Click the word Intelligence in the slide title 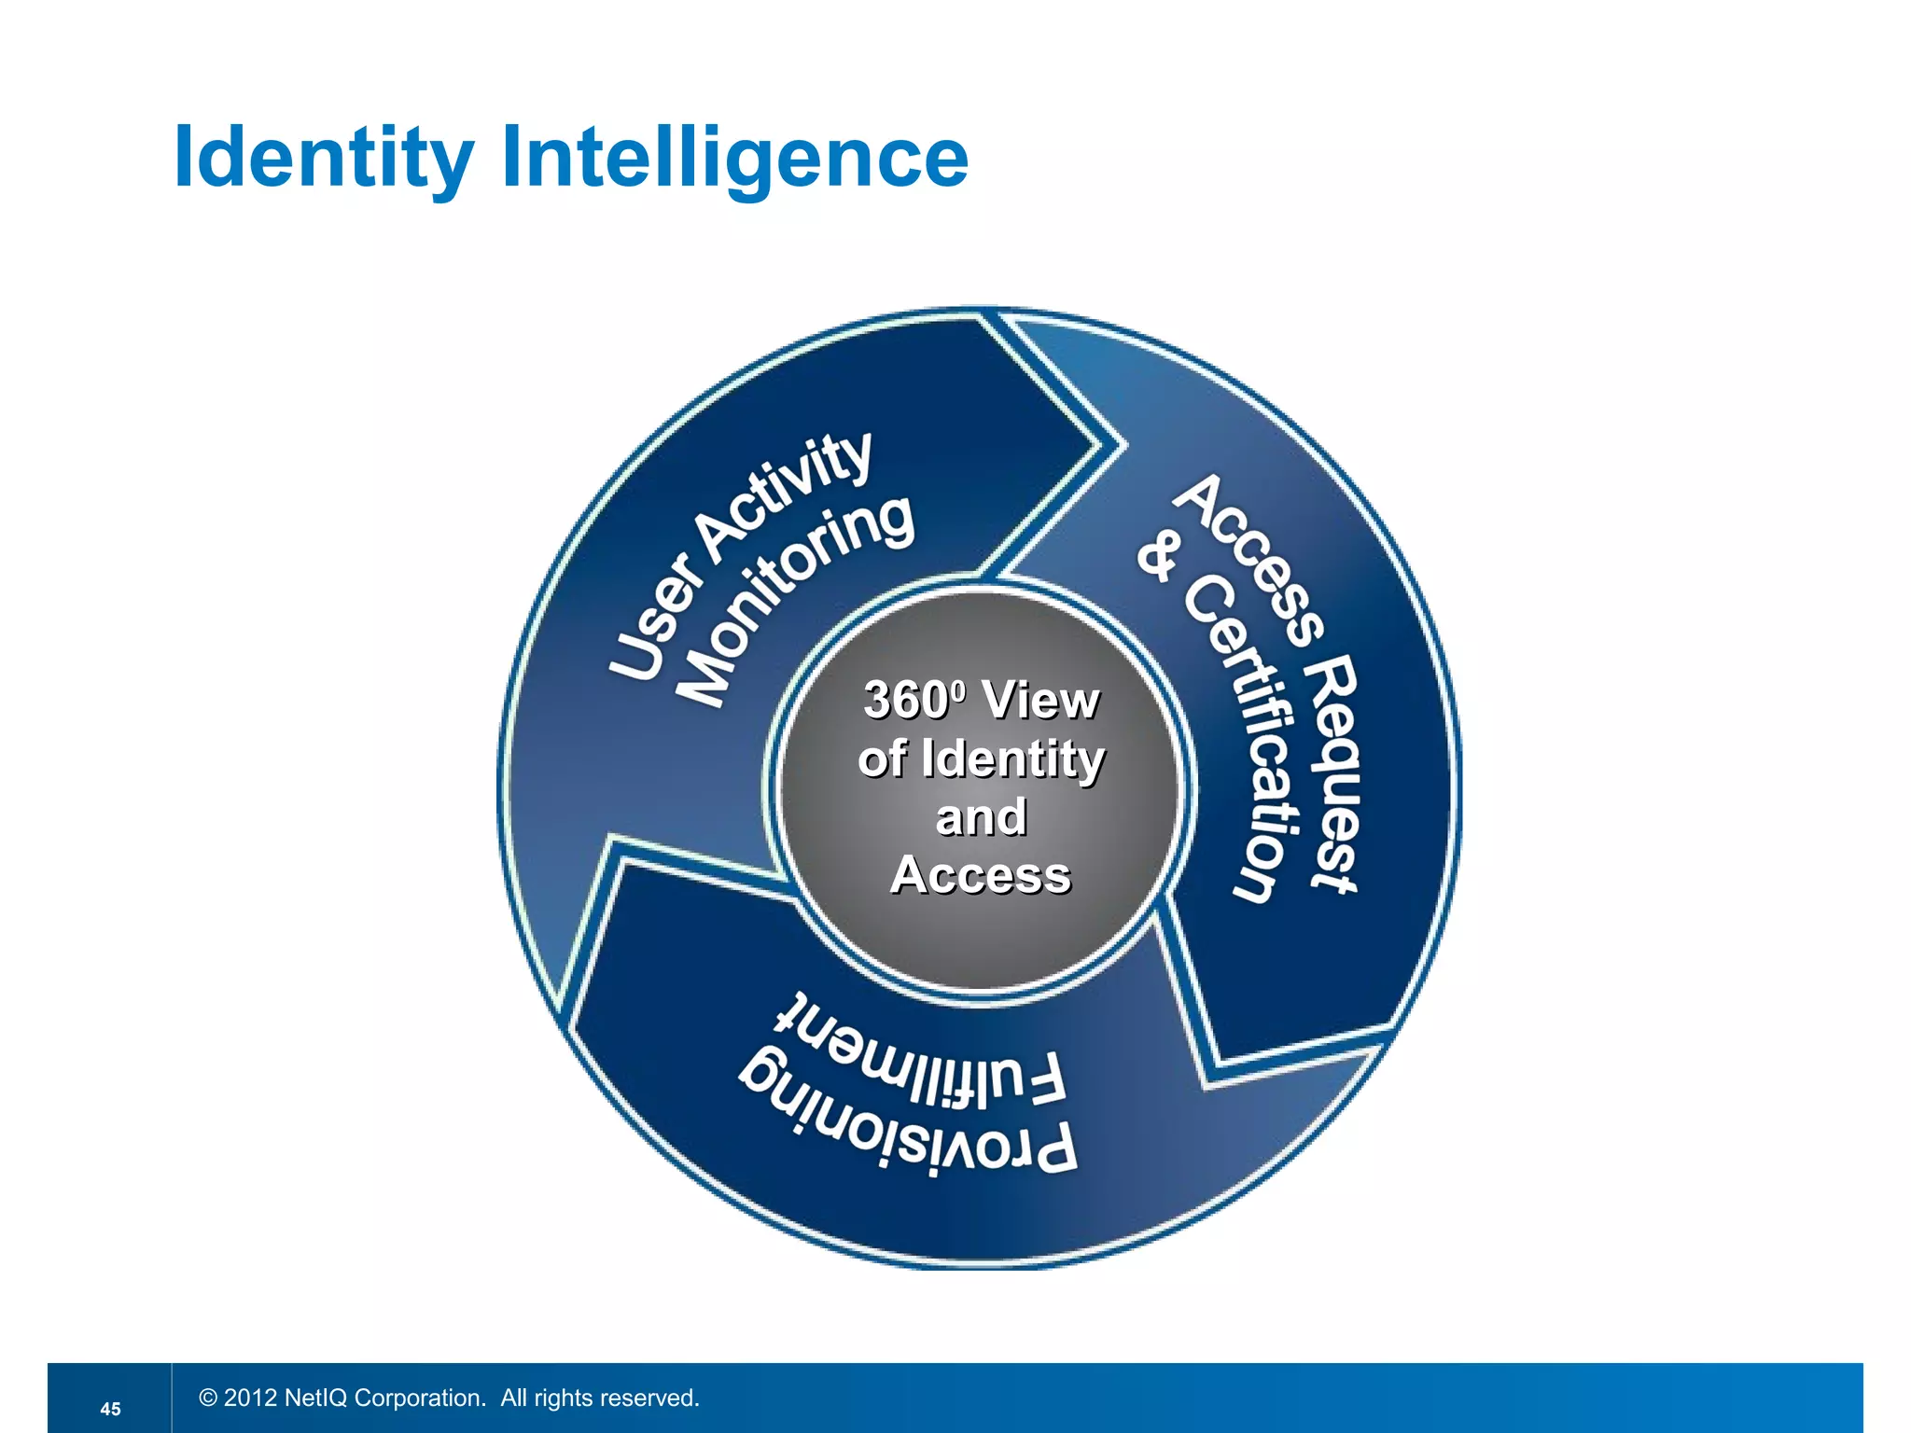click(x=735, y=157)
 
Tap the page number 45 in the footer click(x=110, y=1409)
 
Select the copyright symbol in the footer click(x=208, y=1398)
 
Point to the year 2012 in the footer click(x=250, y=1398)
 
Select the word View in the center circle click(x=1041, y=700)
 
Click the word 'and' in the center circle click(x=981, y=817)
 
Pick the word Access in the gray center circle click(x=981, y=875)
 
